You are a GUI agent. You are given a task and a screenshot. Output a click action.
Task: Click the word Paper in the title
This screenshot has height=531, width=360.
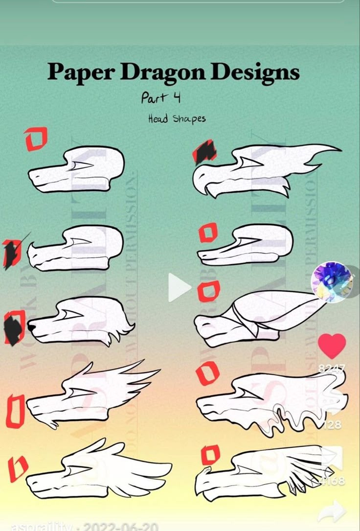81,73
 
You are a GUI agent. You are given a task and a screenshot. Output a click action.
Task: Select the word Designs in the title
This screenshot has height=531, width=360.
255,73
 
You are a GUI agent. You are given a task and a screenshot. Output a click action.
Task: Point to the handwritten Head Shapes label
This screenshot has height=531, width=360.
177,118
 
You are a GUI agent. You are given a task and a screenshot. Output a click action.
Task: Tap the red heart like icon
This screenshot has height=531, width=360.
332,346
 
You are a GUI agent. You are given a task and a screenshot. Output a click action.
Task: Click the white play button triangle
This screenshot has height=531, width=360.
178,287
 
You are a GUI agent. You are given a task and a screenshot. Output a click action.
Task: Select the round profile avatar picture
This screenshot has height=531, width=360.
332,282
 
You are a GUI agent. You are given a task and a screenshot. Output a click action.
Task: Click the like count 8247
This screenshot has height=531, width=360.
332,368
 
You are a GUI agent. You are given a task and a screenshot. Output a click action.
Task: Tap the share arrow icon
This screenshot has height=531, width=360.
332,511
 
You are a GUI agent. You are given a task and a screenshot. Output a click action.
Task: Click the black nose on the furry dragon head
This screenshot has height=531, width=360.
31,326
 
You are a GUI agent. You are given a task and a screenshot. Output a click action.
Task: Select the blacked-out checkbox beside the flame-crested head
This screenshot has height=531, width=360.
204,152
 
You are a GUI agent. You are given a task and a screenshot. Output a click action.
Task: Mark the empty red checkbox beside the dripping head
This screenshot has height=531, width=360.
208,373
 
